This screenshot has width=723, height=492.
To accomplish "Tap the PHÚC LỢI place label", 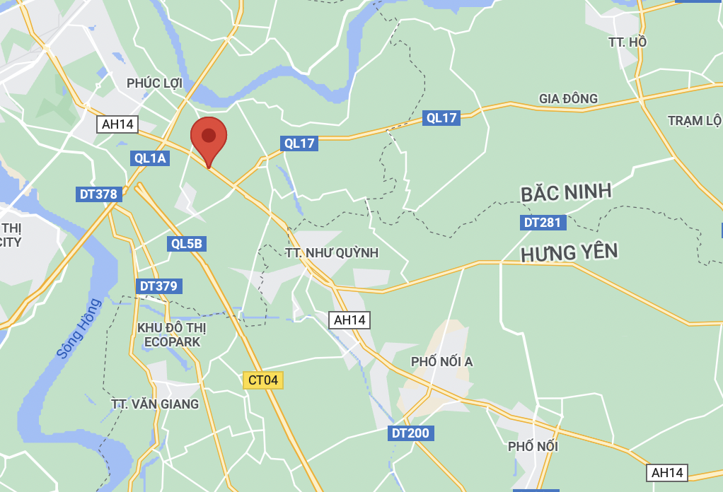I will (155, 83).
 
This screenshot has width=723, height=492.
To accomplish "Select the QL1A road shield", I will (150, 158).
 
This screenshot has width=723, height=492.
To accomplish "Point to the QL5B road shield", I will (187, 245).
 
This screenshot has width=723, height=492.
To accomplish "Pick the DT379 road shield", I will (159, 286).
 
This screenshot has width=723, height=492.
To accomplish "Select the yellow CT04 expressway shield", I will (263, 380).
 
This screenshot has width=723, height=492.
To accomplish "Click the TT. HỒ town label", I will (627, 42).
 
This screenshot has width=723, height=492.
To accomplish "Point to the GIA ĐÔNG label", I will (568, 98).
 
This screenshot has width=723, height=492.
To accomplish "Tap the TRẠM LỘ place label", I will (694, 121).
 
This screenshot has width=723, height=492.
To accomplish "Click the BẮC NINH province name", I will (566, 193).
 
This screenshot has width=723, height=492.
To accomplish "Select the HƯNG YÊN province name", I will (569, 252).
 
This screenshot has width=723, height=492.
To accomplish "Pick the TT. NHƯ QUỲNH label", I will (332, 253).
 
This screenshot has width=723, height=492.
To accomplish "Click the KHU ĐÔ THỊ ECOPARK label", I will (172, 335).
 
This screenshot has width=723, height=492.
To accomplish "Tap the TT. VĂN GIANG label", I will (155, 404).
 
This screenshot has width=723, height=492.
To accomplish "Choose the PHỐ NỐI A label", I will (442, 362).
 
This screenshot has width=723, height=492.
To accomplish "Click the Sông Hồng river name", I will (79, 328).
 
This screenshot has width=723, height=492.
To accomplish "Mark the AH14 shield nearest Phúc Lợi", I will (117, 124).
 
